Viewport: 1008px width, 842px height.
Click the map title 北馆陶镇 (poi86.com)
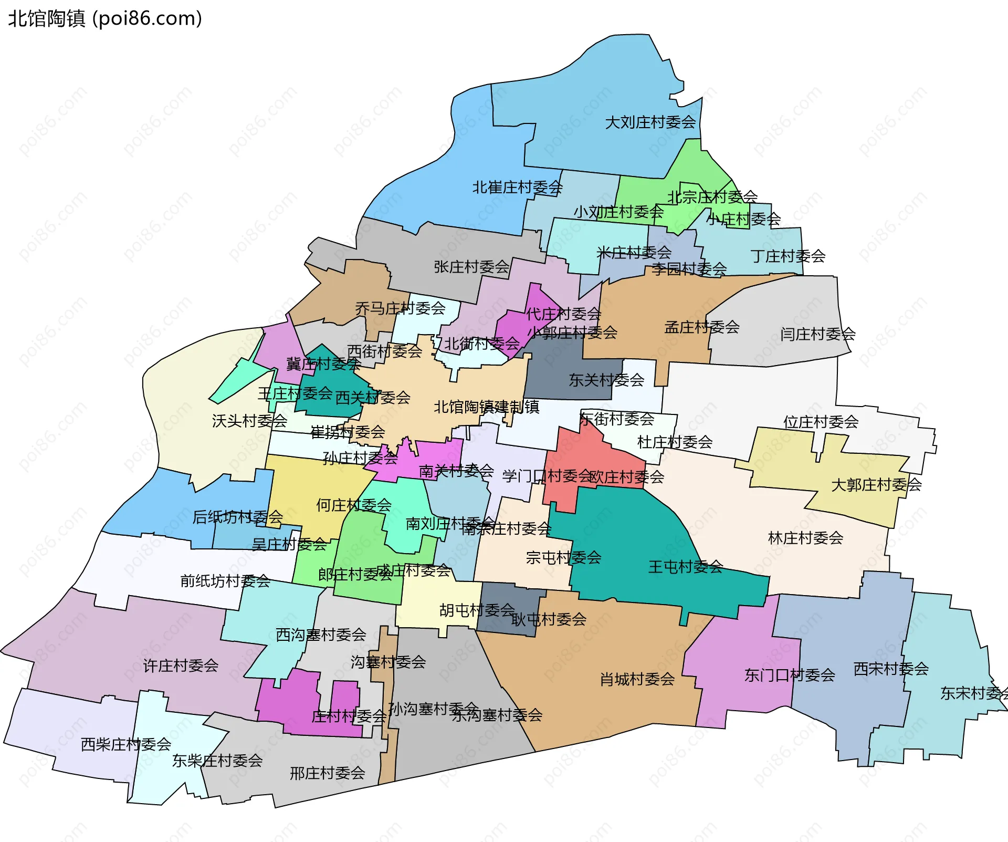105,18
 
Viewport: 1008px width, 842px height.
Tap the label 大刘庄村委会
650,122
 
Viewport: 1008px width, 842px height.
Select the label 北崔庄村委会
517,188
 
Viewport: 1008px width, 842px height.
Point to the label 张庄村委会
471,267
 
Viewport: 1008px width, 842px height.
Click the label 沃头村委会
249,421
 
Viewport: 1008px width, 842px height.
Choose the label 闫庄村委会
817,334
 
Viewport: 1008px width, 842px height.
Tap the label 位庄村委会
821,422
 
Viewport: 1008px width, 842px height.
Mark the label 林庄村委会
805,538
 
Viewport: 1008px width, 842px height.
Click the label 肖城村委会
637,680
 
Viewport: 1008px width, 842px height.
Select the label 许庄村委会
181,666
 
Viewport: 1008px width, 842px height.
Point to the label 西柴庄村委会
126,744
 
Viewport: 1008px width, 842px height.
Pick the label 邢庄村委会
327,773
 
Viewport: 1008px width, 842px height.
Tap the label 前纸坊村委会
225,581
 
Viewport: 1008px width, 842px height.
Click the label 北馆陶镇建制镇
486,407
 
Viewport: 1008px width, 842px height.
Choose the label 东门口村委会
790,675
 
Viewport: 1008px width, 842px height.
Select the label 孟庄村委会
701,327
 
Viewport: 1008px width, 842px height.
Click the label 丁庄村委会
787,256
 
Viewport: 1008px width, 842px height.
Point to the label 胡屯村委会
477,610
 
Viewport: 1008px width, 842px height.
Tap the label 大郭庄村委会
876,485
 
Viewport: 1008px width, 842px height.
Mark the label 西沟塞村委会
321,635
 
